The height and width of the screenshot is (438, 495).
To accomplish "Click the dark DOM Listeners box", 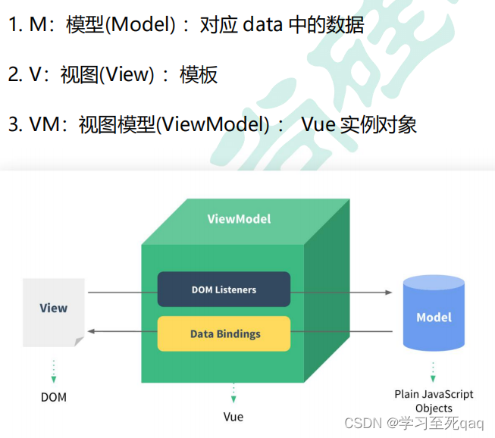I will [224, 289].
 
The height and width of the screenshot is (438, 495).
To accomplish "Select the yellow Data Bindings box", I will [224, 333].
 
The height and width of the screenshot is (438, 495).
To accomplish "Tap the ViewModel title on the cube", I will [239, 219].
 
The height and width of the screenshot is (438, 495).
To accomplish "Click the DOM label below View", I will [53, 397].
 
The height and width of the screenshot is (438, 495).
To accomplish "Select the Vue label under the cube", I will [233, 417].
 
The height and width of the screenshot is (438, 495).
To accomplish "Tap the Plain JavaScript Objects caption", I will [434, 401].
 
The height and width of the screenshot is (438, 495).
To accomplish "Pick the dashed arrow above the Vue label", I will [233, 393].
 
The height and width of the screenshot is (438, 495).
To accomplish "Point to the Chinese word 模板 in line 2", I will [199, 74].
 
